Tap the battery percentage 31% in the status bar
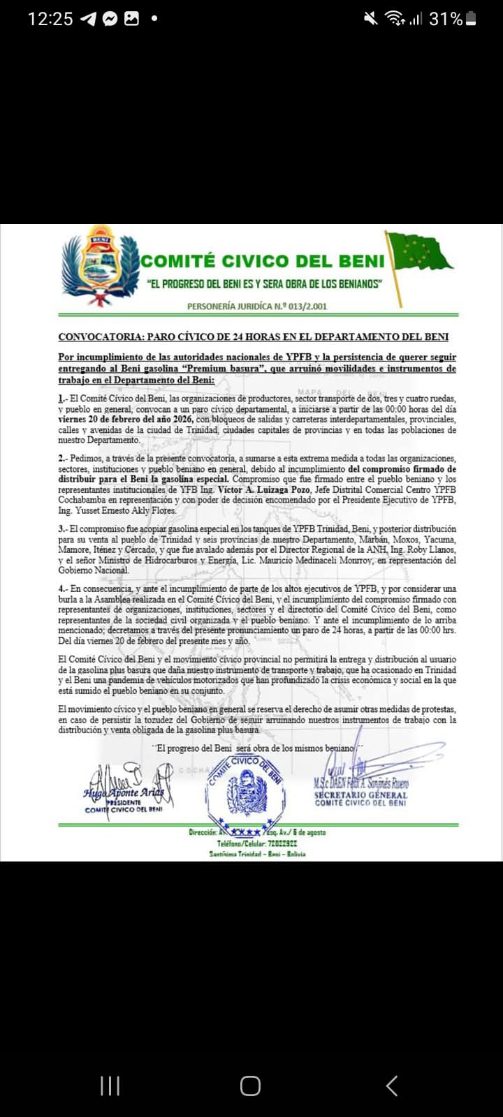445,19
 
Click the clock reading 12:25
50,19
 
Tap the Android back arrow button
392,1086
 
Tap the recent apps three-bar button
110,1086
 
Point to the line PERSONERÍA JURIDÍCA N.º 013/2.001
256,306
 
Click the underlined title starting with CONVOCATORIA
253,336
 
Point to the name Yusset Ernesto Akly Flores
116,510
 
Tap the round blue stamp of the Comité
246,792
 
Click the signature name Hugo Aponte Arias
124,792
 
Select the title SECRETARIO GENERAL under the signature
360,794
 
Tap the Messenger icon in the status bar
110,19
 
